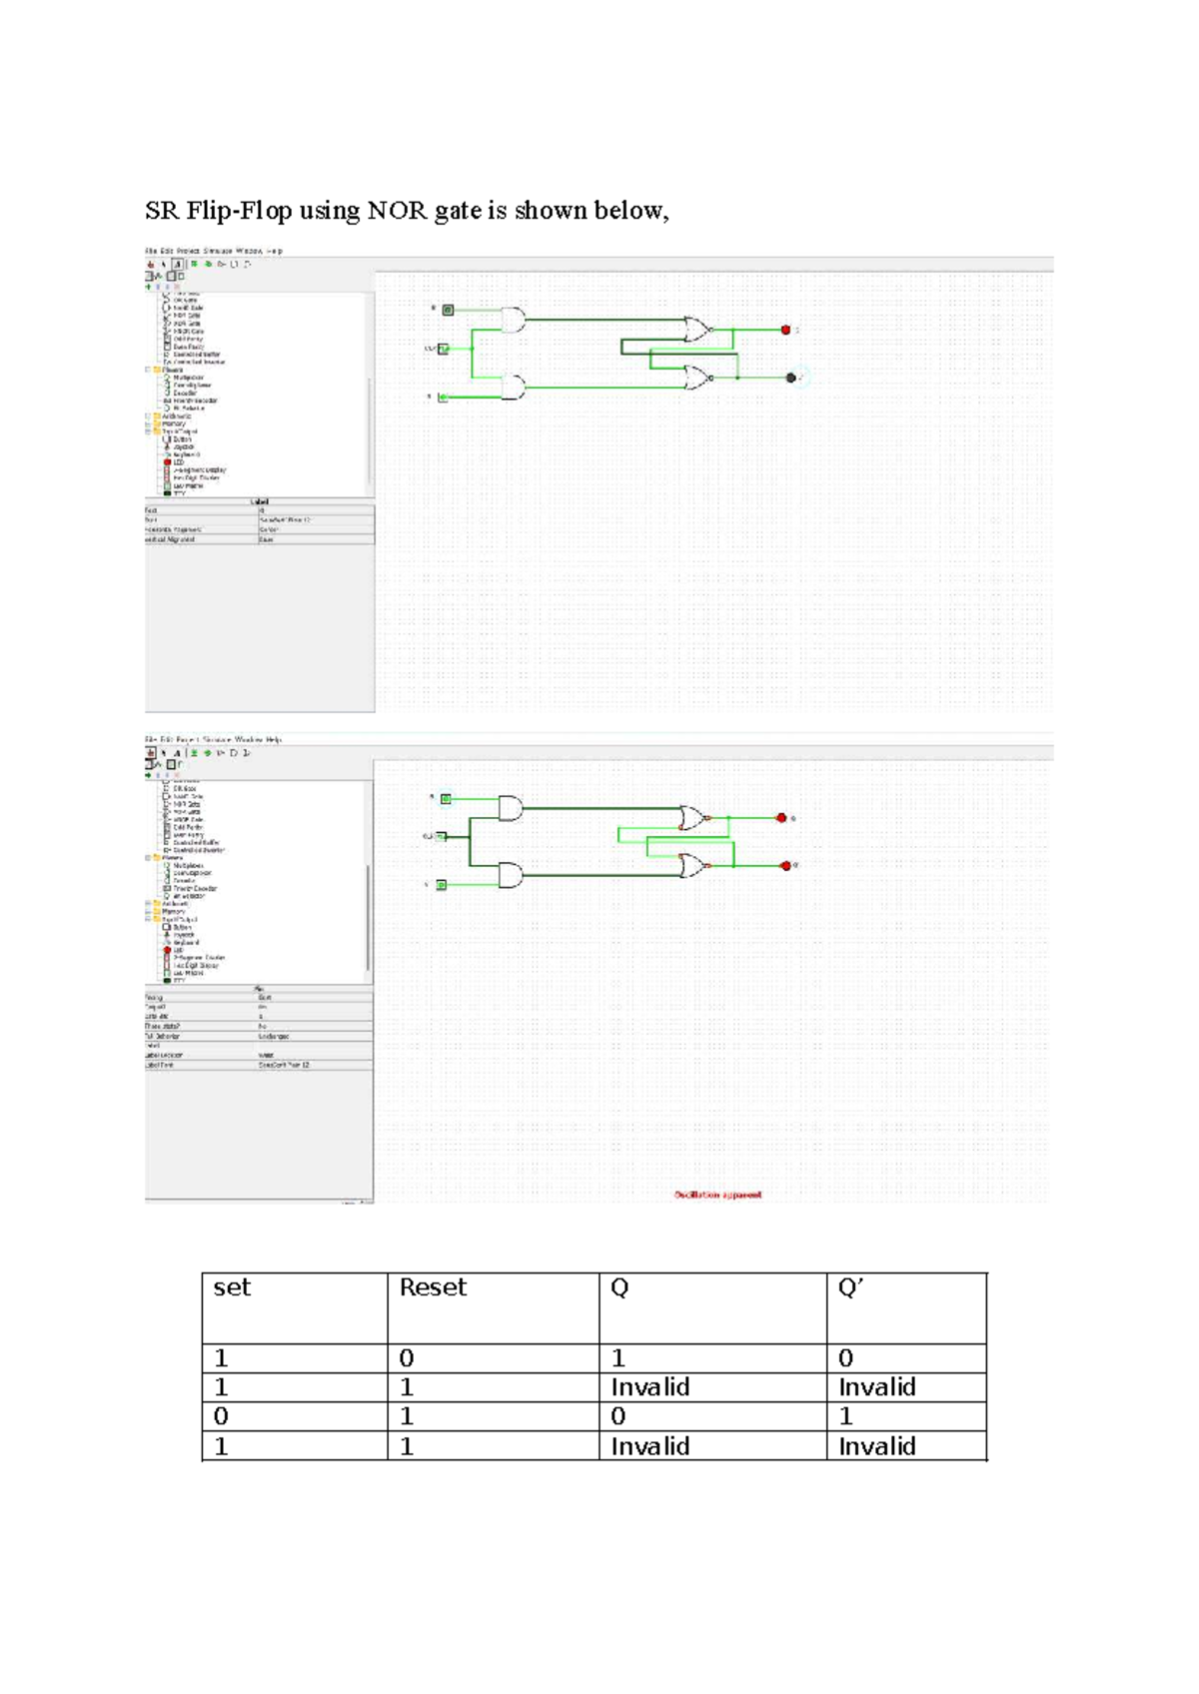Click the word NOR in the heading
(x=397, y=211)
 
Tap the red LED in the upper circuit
(x=785, y=330)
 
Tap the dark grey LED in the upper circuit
(x=790, y=378)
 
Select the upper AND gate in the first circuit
(x=513, y=320)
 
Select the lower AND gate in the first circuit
(x=513, y=387)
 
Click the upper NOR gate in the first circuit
(x=697, y=329)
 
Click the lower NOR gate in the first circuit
(x=697, y=377)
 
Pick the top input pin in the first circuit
(x=448, y=311)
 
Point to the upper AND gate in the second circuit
(x=510, y=808)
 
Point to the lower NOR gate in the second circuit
(x=691, y=865)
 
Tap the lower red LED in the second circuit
(x=785, y=865)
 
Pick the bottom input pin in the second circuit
(x=442, y=885)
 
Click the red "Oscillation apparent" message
(x=717, y=1195)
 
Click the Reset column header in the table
(x=433, y=1287)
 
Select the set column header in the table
(x=232, y=1287)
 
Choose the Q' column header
(x=850, y=1287)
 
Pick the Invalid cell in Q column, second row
(x=649, y=1387)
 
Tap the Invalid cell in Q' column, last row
(x=876, y=1446)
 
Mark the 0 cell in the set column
(x=222, y=1416)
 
